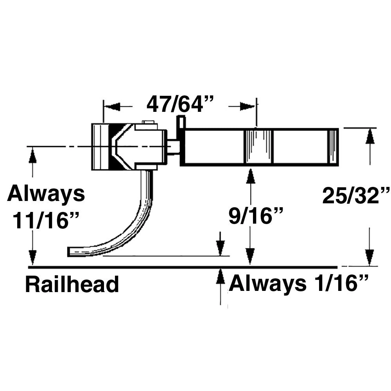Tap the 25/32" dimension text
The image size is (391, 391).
356,196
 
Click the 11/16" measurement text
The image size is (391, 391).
46,221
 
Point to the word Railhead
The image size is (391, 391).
72,285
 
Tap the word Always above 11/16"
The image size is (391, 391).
46,194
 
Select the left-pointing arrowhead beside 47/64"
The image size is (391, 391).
113,107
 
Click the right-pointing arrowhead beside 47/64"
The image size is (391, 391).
246,107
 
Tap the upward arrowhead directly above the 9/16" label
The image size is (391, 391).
251,177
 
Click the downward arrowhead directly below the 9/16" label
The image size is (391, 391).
251,256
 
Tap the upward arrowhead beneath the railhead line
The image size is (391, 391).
221,276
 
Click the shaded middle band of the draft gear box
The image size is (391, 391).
258,147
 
